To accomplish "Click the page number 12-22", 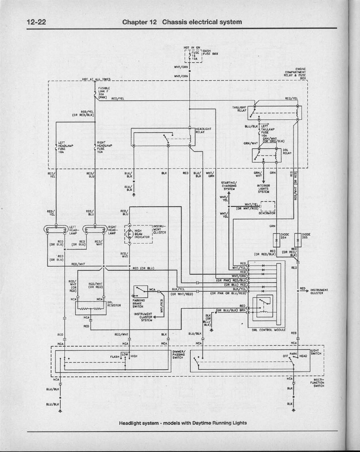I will pyautogui.click(x=36, y=22).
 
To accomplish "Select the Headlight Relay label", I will pyautogui.click(x=204, y=130).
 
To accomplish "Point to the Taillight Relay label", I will pyautogui.click(x=239, y=108).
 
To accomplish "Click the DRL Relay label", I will pyautogui.click(x=287, y=151).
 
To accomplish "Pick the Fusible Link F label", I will pyautogui.click(x=104, y=91).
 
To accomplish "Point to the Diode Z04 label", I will pyautogui.click(x=284, y=236).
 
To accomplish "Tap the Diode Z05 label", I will pyautogui.click(x=306, y=236).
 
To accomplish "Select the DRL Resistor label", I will pyautogui.click(x=114, y=304).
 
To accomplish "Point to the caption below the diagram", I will pyautogui.click(x=183, y=423).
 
